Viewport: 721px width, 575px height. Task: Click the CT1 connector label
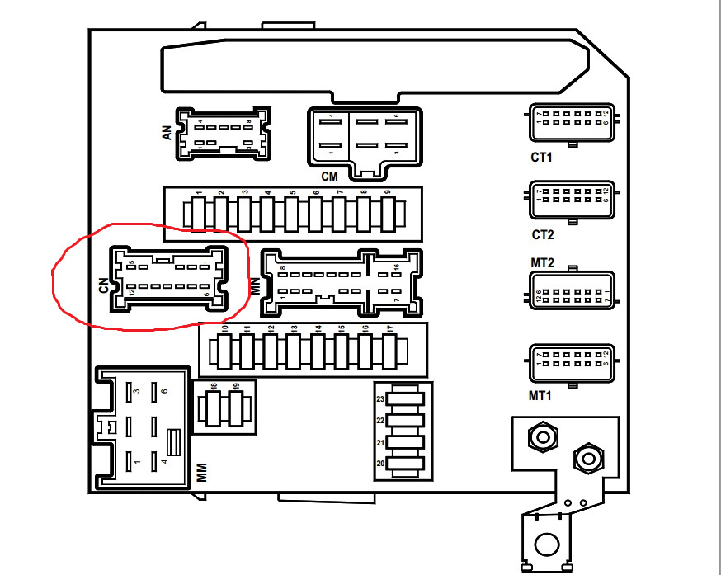pyautogui.click(x=542, y=157)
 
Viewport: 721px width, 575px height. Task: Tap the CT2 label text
pyautogui.click(x=543, y=235)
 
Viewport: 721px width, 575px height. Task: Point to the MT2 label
pyautogui.click(x=542, y=262)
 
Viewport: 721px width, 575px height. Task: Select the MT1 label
pyautogui.click(x=540, y=396)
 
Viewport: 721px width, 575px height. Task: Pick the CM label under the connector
pyautogui.click(x=329, y=177)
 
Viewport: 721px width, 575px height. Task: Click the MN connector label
pyautogui.click(x=255, y=285)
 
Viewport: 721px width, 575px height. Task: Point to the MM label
pyautogui.click(x=202, y=473)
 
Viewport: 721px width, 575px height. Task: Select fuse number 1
pyautogui.click(x=199, y=213)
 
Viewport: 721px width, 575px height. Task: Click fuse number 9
pyautogui.click(x=388, y=213)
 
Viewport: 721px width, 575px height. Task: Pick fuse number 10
pyautogui.click(x=224, y=351)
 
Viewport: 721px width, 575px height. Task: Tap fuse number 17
pyautogui.click(x=389, y=351)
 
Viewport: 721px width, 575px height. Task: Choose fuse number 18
pyautogui.click(x=214, y=407)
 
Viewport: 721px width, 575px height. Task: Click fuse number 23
pyautogui.click(x=404, y=399)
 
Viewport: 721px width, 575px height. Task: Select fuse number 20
pyautogui.click(x=404, y=464)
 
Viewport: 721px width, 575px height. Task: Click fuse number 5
pyautogui.click(x=293, y=213)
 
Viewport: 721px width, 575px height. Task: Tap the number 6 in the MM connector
pyautogui.click(x=164, y=391)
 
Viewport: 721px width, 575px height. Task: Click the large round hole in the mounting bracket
pyautogui.click(x=545, y=544)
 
